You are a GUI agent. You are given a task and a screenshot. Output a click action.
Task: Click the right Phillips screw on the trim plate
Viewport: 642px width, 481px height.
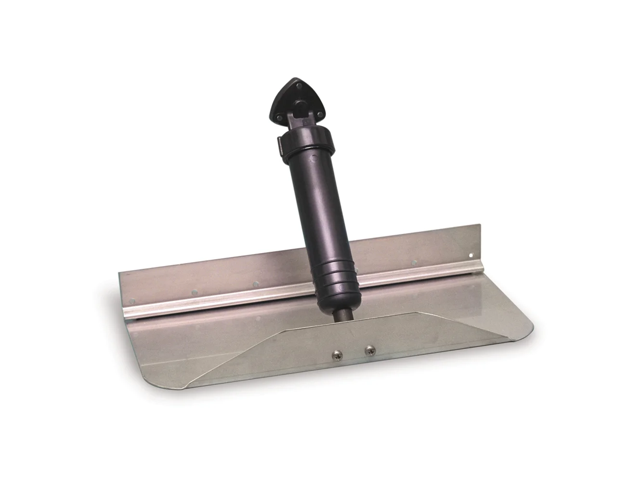pyautogui.click(x=369, y=351)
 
